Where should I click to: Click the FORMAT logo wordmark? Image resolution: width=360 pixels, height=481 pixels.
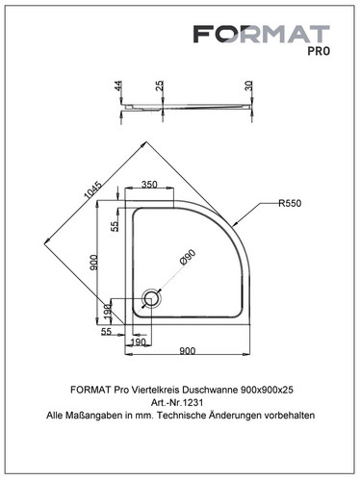tap(261, 34)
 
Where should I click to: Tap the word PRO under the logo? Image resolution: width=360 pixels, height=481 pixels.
tap(319, 51)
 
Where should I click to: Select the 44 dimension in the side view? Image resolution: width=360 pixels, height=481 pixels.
tap(118, 86)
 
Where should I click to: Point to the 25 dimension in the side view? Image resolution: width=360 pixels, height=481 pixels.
tap(160, 86)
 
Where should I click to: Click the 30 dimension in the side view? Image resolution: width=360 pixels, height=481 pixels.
tap(248, 86)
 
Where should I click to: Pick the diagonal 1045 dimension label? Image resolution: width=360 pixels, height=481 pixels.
tap(92, 192)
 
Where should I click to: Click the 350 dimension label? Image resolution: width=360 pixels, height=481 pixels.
tap(149, 185)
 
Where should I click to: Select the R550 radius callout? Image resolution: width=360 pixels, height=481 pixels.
tap(290, 203)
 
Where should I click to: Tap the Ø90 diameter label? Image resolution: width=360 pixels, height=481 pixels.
tap(188, 258)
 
